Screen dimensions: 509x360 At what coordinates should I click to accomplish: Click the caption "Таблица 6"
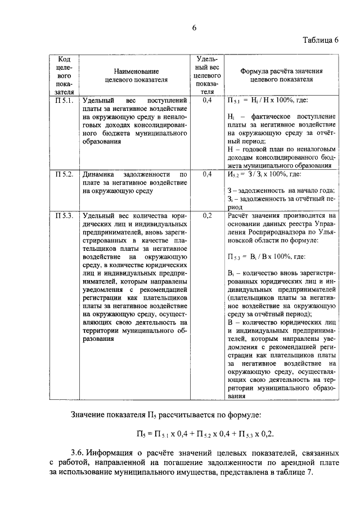point(321,40)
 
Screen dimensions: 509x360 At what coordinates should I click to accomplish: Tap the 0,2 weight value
point(206,215)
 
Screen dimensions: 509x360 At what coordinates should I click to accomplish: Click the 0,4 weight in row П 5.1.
point(206,100)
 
